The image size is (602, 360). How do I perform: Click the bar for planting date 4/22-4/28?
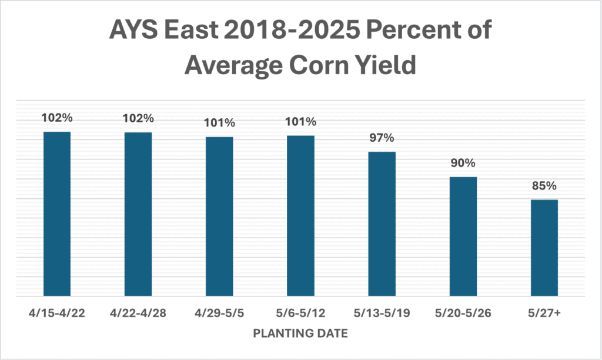pos(138,214)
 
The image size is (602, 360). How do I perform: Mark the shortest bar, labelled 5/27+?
pos(544,248)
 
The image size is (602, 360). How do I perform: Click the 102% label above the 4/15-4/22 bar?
pos(56,118)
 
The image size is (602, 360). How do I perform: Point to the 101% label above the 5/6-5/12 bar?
pos(300,122)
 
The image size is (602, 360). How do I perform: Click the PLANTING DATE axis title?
pos(300,334)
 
